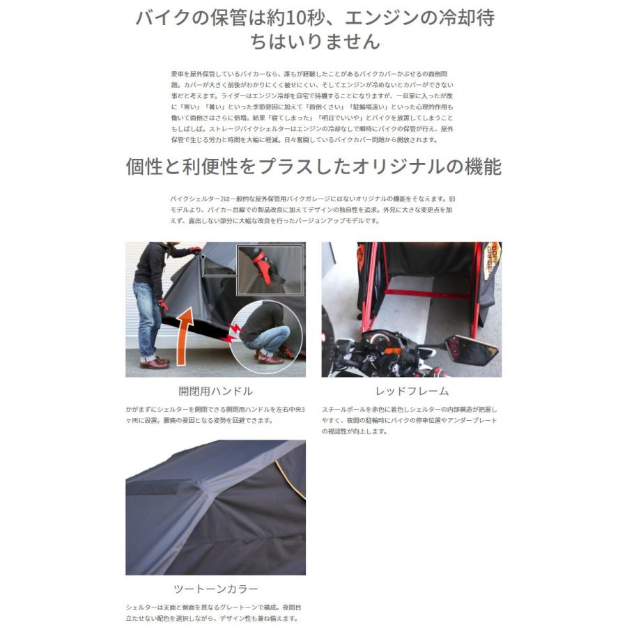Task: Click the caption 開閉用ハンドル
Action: [215, 391]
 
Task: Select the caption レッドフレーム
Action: [411, 391]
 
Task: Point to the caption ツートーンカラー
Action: [215, 588]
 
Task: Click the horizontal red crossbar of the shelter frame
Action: [418, 293]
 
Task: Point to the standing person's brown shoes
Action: [154, 362]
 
